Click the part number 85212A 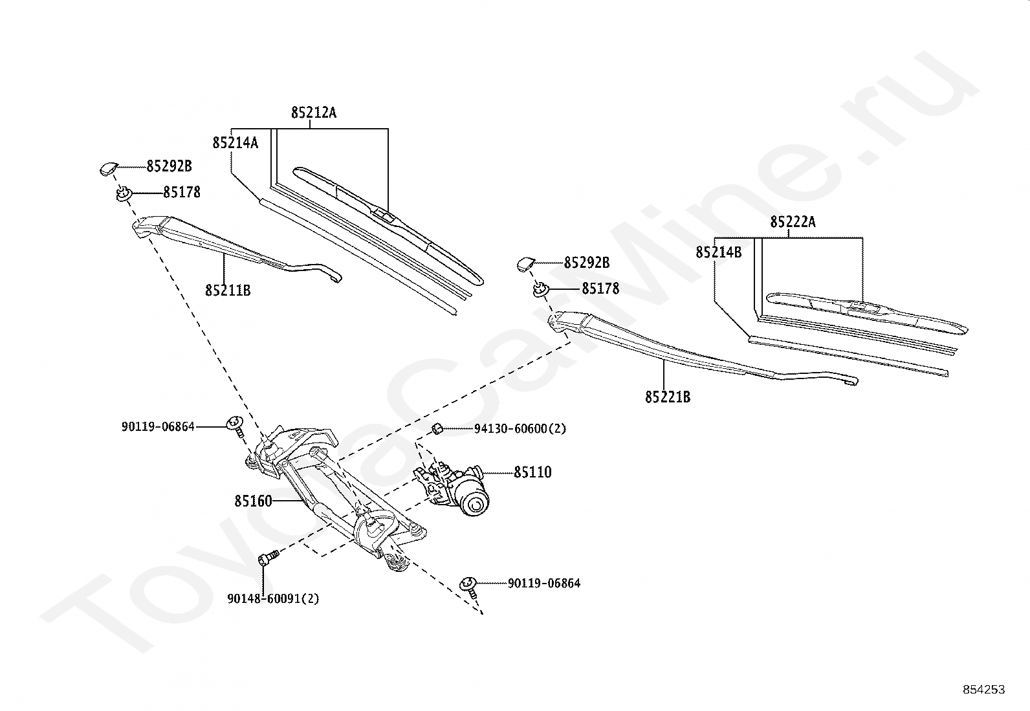313,113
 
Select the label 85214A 235,142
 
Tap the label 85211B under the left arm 228,290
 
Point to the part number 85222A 793,223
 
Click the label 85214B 719,252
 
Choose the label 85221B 667,397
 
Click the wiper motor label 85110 533,472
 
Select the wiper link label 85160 253,501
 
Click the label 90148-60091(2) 273,598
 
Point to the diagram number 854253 983,690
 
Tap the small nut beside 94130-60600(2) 437,428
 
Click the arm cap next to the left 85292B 108,168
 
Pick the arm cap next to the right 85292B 525,263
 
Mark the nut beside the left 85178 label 124,193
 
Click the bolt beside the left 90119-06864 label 236,424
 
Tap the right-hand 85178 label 600,289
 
